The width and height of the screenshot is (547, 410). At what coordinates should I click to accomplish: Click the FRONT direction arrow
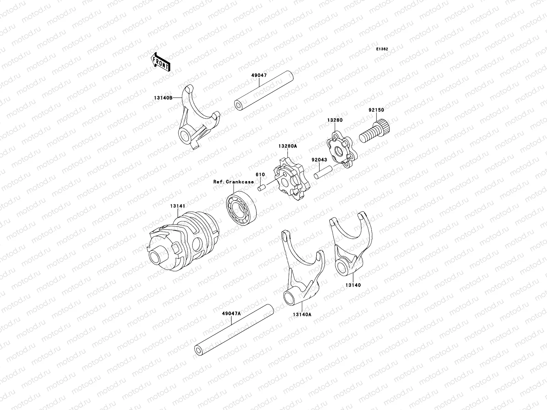161,62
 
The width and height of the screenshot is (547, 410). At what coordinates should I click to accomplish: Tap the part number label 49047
259,75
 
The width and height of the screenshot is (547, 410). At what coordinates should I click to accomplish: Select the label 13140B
163,98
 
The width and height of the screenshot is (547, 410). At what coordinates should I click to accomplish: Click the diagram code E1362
382,49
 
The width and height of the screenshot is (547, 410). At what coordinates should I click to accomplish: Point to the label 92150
376,110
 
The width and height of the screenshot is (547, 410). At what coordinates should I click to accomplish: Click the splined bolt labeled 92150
374,131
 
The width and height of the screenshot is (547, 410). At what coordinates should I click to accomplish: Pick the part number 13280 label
335,120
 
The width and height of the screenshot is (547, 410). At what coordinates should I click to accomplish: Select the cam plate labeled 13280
342,150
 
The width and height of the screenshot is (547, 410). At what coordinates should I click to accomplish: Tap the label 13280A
288,146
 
